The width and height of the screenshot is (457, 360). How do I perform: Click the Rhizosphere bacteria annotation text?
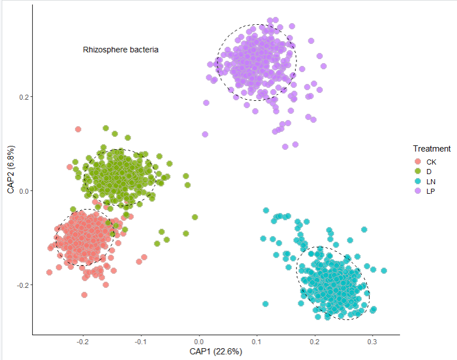tap(121, 50)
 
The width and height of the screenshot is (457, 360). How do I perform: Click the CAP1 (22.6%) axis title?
tap(215, 352)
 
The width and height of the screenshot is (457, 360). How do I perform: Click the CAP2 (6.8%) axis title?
tap(11, 170)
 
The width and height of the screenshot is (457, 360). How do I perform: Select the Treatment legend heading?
tap(431, 149)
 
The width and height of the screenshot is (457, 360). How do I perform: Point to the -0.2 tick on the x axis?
tap(82, 341)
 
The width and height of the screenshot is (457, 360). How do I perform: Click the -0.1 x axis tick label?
tap(140, 341)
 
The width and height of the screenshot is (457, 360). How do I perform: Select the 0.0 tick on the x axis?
tap(199, 341)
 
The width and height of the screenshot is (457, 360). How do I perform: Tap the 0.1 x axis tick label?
tap(257, 341)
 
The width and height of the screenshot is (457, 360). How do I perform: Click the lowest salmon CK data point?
tap(85, 295)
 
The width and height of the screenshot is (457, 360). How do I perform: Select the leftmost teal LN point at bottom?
tap(265, 304)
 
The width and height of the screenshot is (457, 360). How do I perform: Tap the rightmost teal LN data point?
tap(384, 271)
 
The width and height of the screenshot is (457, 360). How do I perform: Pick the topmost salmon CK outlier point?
tap(78, 130)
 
